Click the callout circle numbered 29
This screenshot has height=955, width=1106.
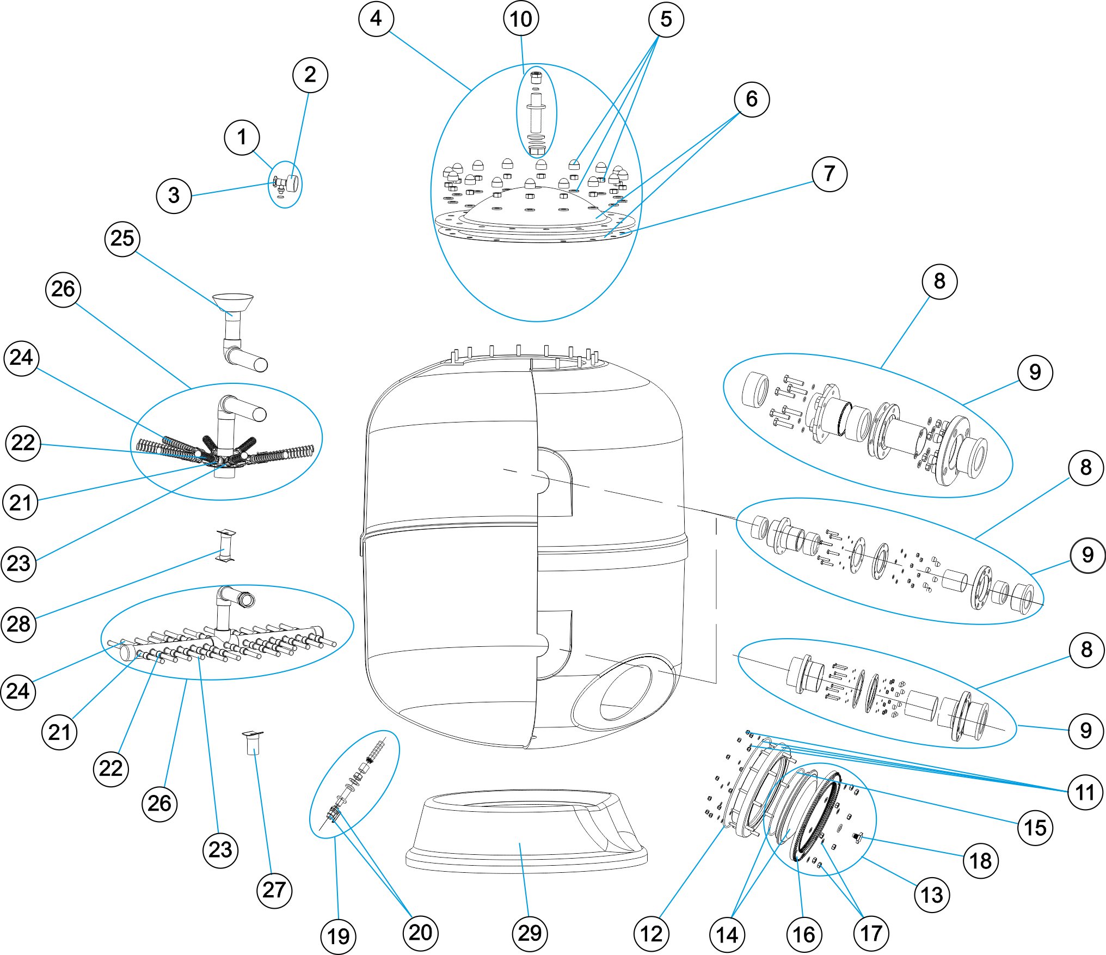(530, 933)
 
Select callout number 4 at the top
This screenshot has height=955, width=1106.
(376, 19)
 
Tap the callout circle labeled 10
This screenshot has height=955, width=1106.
(521, 19)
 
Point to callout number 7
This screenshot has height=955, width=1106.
(829, 174)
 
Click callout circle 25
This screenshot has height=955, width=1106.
(122, 238)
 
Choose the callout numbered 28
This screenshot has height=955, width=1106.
(19, 624)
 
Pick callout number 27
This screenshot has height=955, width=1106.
(274, 890)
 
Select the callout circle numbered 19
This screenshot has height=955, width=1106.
(338, 936)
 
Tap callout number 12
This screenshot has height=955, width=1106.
(651, 934)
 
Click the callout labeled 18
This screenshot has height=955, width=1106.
(980, 861)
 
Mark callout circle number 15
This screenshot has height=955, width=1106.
(1035, 828)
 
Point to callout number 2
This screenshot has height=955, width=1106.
(310, 75)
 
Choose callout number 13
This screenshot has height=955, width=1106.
(932, 895)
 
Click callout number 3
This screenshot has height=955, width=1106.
(174, 195)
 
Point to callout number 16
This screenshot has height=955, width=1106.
(803, 934)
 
